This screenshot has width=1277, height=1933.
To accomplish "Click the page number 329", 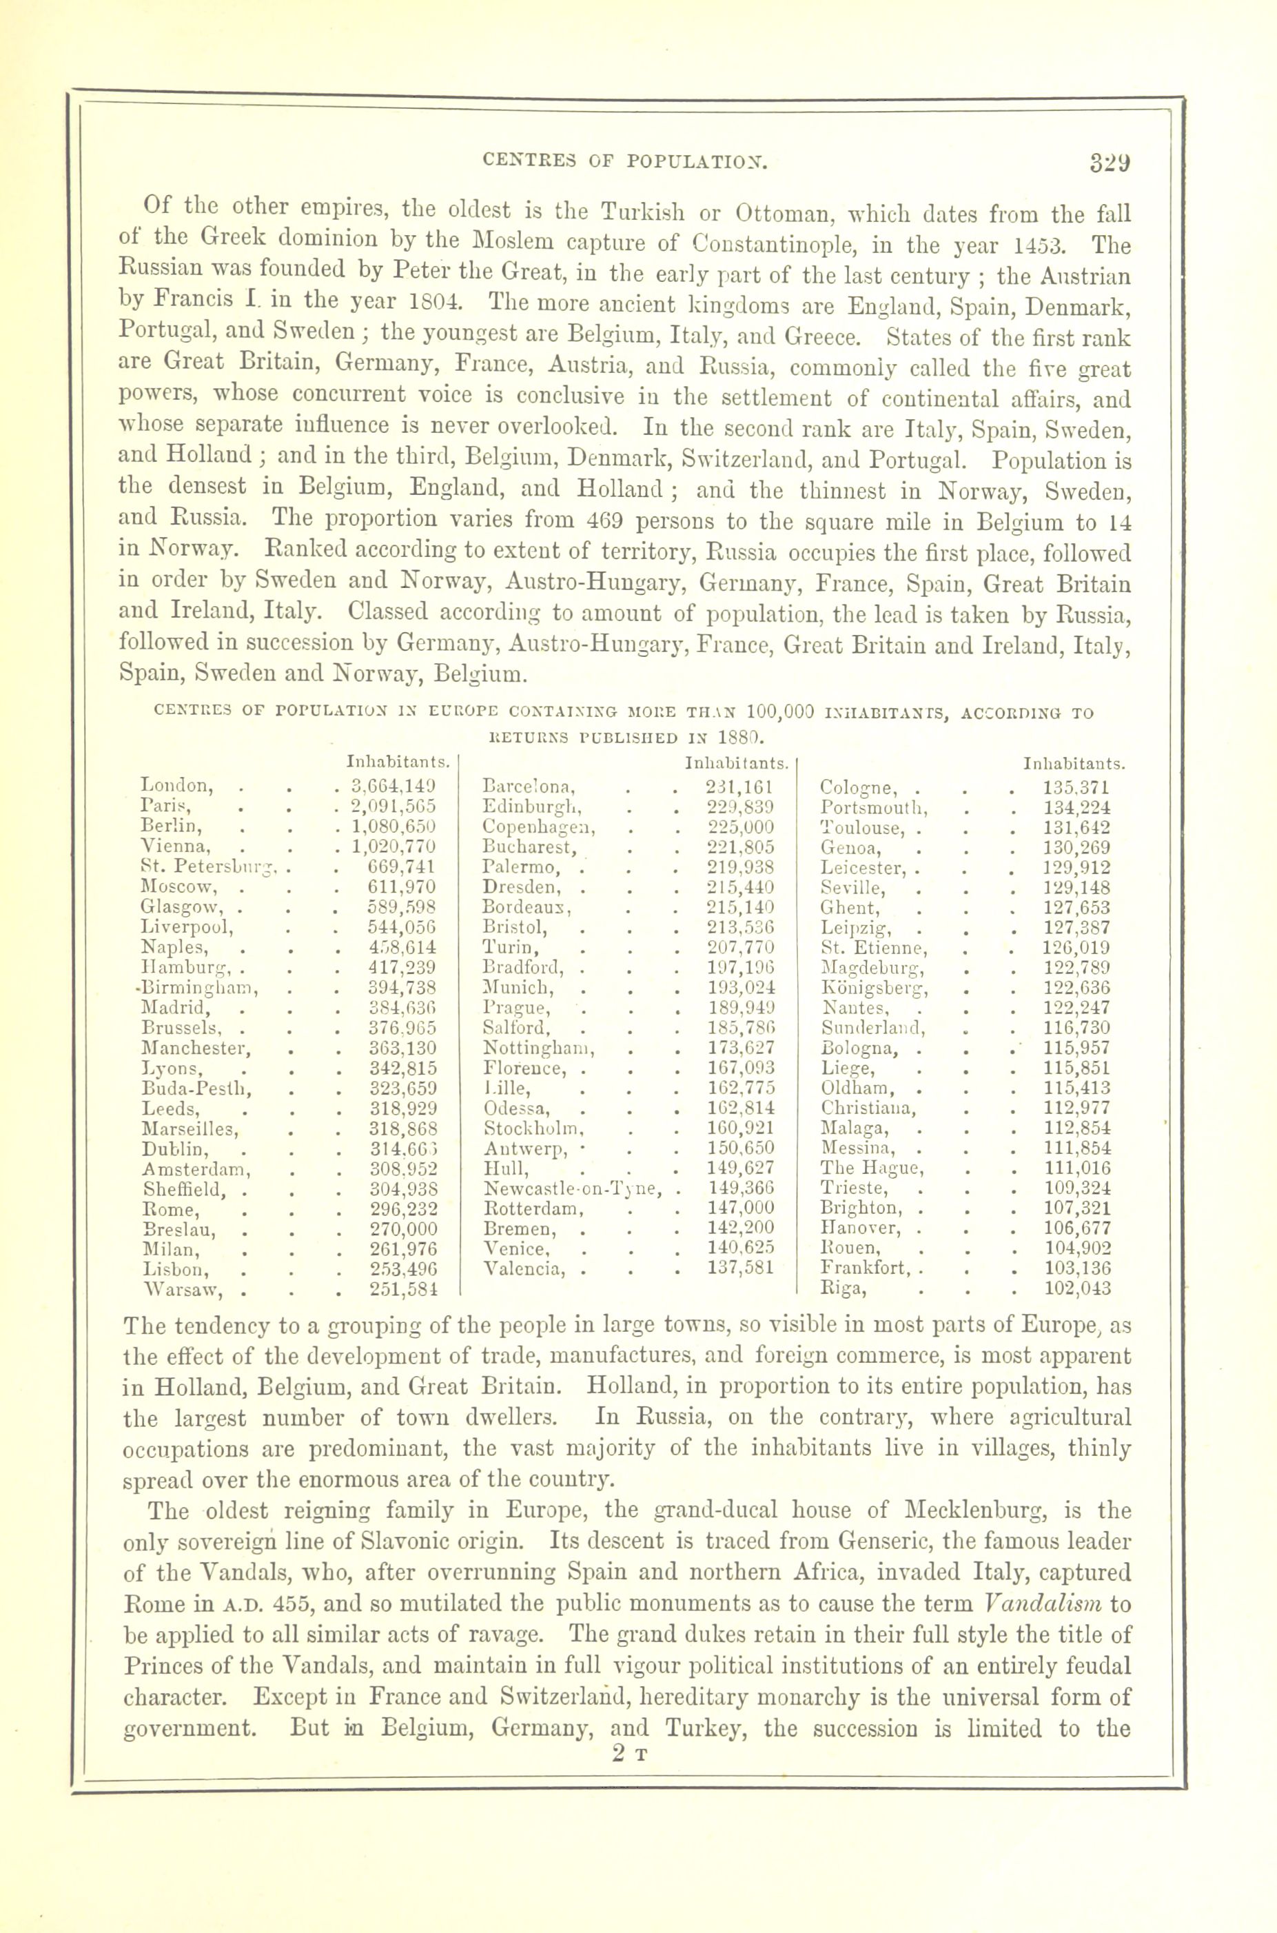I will (x=1110, y=162).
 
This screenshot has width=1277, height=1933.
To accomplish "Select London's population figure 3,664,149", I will (x=393, y=787).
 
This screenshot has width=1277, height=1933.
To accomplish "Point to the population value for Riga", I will (x=1076, y=1288).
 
